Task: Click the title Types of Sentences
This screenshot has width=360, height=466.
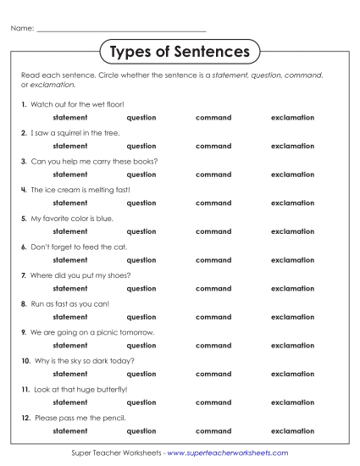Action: tap(180, 53)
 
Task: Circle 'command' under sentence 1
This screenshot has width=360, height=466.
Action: tap(213, 118)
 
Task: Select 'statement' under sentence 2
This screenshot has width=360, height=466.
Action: tap(70, 146)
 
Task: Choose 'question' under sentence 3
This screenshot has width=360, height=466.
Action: tap(141, 175)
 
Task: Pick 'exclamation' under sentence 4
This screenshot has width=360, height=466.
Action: tap(292, 203)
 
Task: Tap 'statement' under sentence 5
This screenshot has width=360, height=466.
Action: tap(70, 231)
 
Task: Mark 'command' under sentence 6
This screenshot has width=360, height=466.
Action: tap(213, 260)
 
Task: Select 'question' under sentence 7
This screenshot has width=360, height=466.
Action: tap(141, 289)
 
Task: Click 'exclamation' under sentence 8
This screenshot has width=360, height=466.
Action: tap(292, 317)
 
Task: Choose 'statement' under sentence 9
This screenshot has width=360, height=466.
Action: tap(70, 346)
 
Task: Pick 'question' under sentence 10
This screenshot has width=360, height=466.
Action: tap(141, 374)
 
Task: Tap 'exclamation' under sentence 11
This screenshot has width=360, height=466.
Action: tap(292, 402)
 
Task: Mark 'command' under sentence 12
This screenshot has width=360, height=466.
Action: tap(213, 430)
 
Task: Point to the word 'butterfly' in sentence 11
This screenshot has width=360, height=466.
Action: tap(112, 390)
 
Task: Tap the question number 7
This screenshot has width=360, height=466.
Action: tap(24, 275)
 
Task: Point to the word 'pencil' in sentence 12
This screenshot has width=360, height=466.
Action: tap(114, 418)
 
